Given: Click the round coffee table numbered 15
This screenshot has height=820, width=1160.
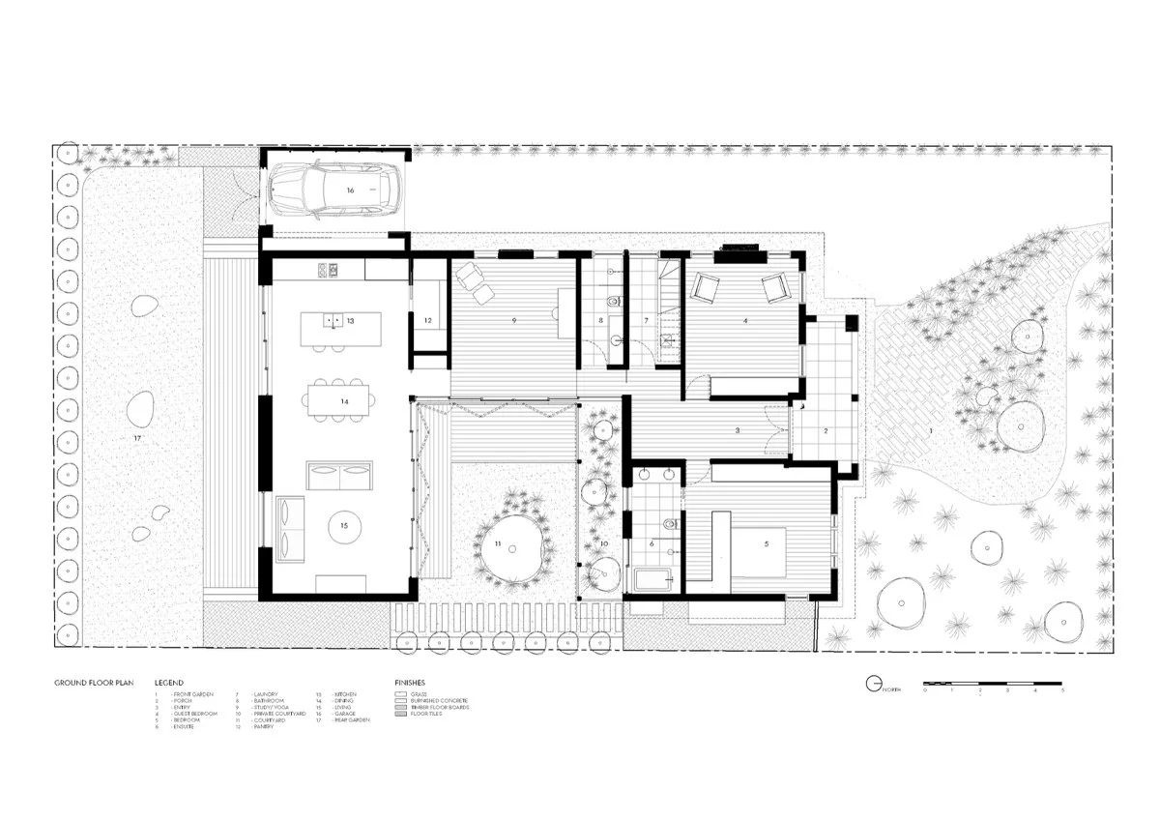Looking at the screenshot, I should click(343, 527).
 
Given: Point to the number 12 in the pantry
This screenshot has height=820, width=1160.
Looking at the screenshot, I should click(426, 320).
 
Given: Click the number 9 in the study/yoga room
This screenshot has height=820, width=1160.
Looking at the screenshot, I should click(514, 319).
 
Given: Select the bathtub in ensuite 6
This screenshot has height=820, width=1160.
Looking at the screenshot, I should click(657, 579).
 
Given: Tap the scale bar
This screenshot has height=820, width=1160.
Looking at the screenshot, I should click(994, 684).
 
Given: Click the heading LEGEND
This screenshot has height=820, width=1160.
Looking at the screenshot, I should click(168, 683).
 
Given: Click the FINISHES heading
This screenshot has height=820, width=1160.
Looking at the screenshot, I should click(410, 683).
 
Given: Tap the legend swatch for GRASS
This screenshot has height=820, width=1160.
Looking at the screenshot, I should click(401, 693).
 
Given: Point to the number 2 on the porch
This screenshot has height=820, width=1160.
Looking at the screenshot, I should click(826, 429).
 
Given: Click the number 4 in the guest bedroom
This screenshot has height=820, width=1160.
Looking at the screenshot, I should click(744, 320).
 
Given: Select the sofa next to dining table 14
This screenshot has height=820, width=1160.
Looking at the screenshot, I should click(338, 478).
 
